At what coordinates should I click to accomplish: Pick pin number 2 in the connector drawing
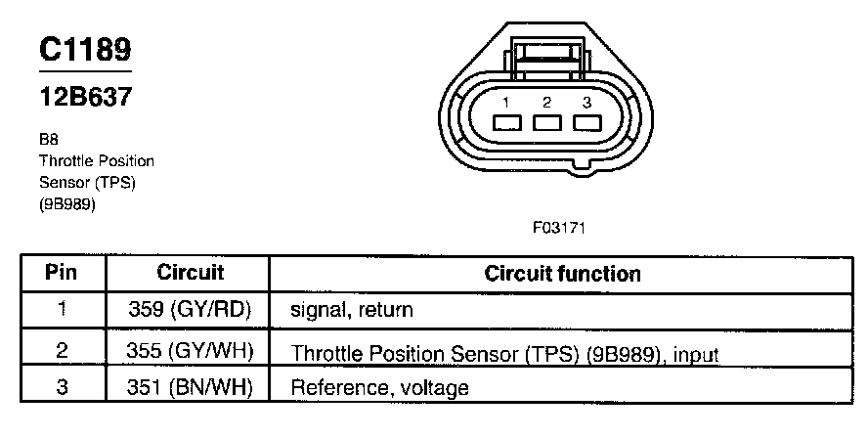546,103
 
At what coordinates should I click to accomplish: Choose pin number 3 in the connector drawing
586,103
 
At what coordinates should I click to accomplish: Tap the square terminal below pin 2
546,124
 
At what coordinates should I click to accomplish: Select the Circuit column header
190,273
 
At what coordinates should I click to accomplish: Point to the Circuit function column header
562,274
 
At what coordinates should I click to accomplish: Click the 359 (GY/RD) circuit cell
191,310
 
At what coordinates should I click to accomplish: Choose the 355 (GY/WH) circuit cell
191,349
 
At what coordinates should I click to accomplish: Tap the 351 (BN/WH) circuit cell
191,387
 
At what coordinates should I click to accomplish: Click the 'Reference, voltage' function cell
379,388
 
